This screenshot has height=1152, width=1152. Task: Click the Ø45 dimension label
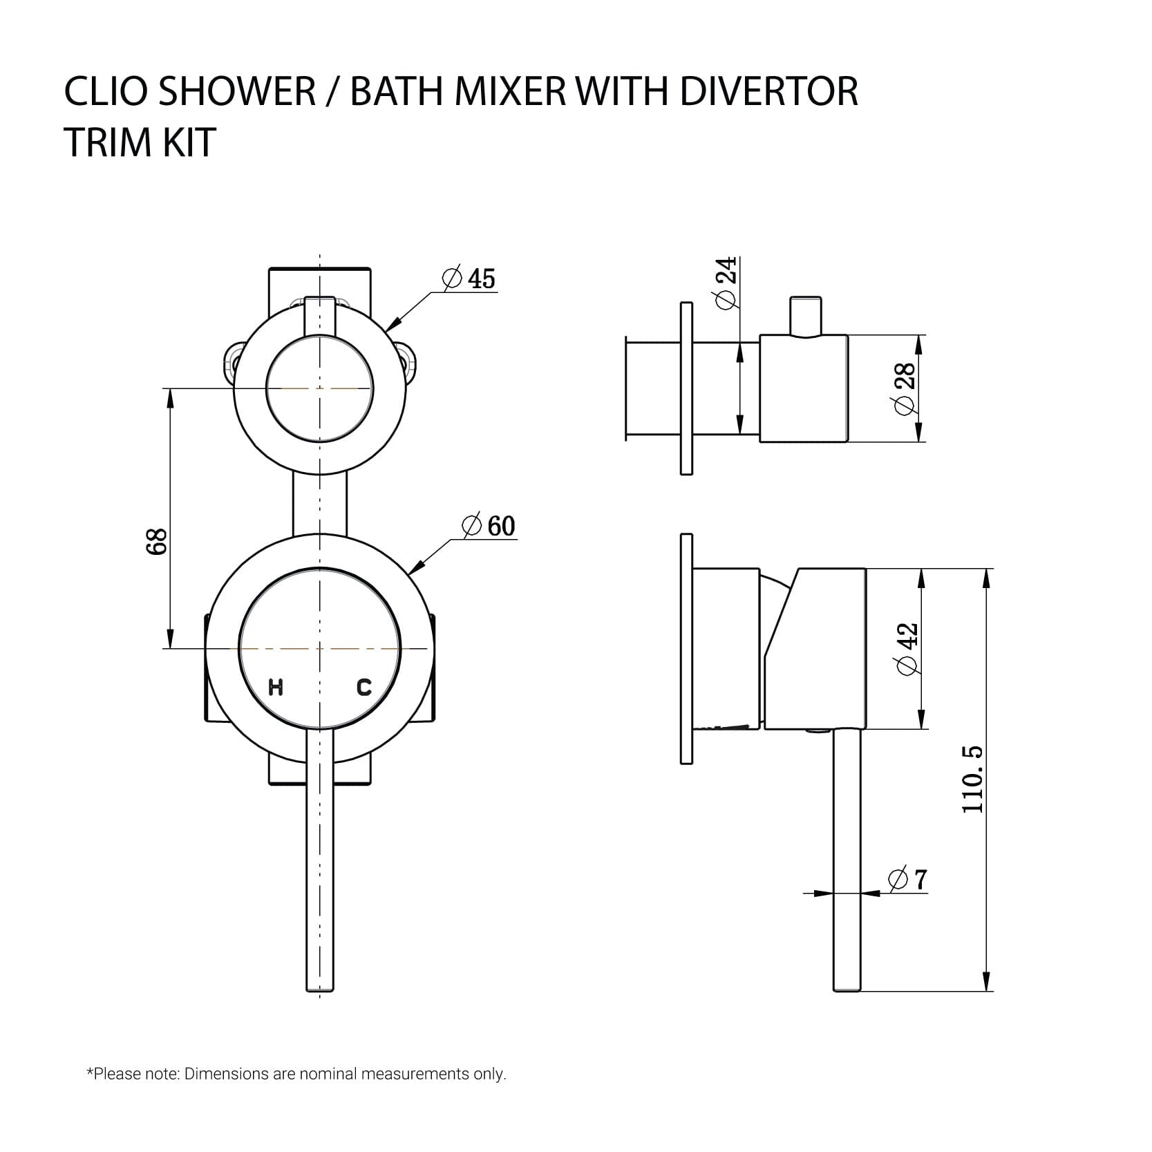pyautogui.click(x=470, y=278)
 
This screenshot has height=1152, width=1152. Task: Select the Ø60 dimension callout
pyautogui.click(x=489, y=526)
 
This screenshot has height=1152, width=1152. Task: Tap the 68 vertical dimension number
pyautogui.click(x=157, y=541)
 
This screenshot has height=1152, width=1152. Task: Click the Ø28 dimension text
pyautogui.click(x=905, y=388)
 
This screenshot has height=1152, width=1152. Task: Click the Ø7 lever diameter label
pyautogui.click(x=908, y=880)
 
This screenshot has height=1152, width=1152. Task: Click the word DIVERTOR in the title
pyautogui.click(x=768, y=92)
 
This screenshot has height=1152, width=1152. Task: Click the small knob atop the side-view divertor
pyautogui.click(x=805, y=316)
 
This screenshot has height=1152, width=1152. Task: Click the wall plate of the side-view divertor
pyautogui.click(x=686, y=388)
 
